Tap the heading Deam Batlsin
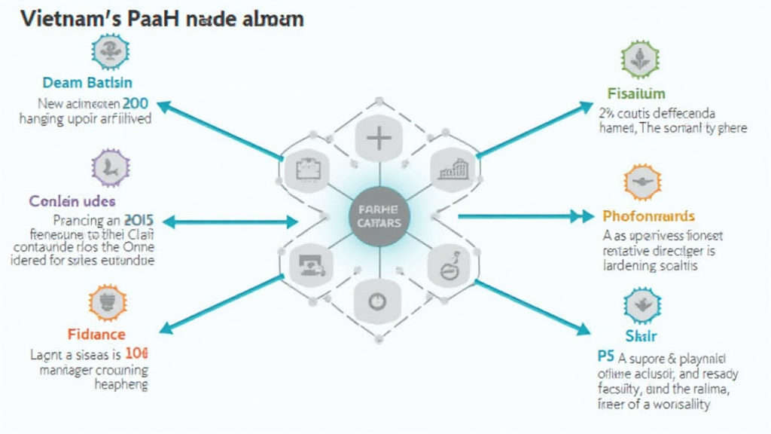(x=87, y=82)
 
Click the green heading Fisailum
(x=636, y=93)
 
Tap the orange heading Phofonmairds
(x=648, y=217)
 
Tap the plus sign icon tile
(x=379, y=139)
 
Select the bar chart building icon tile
(x=453, y=169)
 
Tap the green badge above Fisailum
(x=641, y=60)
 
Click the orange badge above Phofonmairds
(x=642, y=183)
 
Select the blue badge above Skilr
(x=642, y=305)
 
